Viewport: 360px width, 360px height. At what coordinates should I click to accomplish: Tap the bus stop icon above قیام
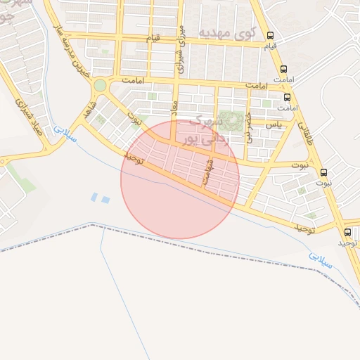[271, 35]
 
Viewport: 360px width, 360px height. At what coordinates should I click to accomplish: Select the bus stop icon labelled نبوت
[323, 172]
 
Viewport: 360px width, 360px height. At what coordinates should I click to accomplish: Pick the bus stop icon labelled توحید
[348, 232]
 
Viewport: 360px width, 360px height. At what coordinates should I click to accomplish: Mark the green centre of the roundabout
[100, 85]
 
